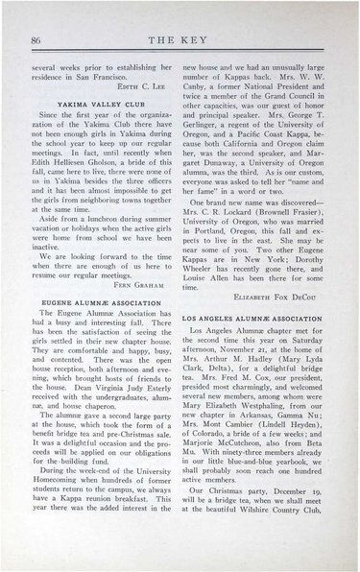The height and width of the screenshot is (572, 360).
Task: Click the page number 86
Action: tap(35, 38)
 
